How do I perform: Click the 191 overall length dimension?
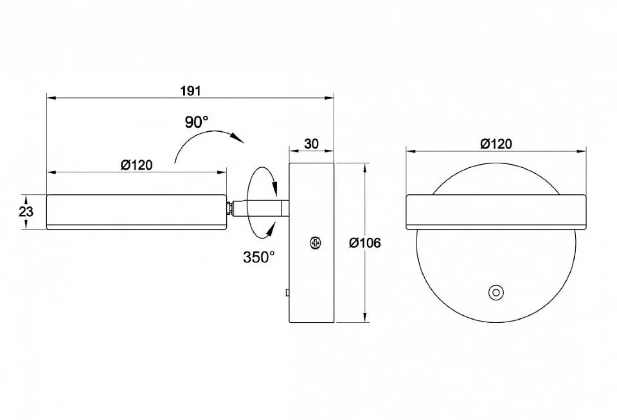click(191, 91)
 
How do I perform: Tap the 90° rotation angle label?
click(197, 122)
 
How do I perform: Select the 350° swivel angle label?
click(258, 257)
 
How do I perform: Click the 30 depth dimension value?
click(311, 143)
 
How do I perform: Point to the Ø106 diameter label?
click(365, 243)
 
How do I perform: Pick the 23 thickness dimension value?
click(26, 212)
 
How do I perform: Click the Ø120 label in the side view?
click(136, 165)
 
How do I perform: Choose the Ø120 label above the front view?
click(496, 143)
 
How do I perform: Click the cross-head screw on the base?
click(315, 243)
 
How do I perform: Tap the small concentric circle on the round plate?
click(496, 293)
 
